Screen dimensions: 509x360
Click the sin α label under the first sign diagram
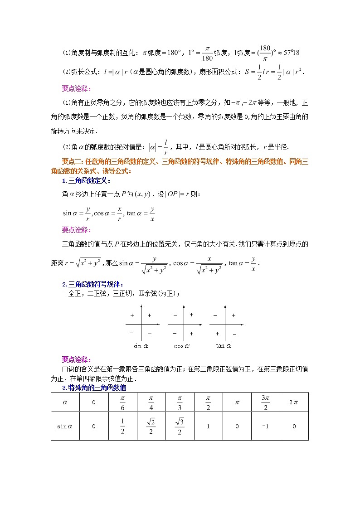point(141,346)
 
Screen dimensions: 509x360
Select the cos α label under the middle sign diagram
point(181,346)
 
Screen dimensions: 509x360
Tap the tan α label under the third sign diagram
point(223,345)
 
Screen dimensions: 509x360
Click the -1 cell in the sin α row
point(265,426)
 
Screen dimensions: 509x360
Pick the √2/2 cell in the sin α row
point(151,426)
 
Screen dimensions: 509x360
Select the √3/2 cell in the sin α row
point(180,426)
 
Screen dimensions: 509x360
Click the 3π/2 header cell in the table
point(265,402)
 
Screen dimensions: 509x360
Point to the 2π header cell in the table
point(294,402)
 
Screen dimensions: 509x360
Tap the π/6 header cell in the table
point(122,402)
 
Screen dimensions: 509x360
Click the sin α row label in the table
point(65,426)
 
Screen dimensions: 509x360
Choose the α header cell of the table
point(65,402)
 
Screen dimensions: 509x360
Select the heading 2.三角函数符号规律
point(92,284)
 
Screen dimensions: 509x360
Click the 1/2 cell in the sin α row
point(122,426)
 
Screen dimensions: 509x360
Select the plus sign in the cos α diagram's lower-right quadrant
point(191,334)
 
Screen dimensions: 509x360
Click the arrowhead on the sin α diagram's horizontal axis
point(158,325)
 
